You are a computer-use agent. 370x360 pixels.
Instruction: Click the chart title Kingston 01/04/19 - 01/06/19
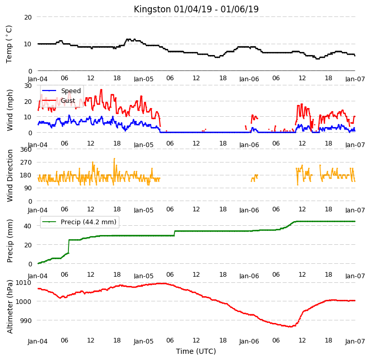tap(196, 9)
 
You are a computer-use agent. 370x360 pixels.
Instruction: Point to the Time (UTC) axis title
tap(196, 351)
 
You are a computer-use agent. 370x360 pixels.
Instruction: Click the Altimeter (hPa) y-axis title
tap(10, 307)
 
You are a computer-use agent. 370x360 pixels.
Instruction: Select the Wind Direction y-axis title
tap(10, 176)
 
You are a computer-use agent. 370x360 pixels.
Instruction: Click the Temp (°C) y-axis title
tap(9, 44)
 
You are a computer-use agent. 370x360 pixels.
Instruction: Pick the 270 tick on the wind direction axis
tap(26, 162)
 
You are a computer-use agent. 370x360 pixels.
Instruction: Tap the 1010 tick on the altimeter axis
tap(23, 282)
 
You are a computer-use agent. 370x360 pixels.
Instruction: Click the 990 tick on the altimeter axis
tap(25, 320)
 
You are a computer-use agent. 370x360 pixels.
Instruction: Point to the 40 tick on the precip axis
tap(28, 226)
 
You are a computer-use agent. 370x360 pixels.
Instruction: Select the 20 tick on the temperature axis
tap(28, 17)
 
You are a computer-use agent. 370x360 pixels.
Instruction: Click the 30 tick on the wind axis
tap(28, 85)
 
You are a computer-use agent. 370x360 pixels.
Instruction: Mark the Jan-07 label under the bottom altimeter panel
tap(355, 341)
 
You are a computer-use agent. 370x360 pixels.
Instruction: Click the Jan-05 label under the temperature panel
tap(144, 79)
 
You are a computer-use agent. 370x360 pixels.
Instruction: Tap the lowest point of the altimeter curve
tap(290, 327)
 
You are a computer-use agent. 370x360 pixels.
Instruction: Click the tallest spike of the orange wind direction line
tap(114, 159)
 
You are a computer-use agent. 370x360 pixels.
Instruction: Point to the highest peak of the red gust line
tap(101, 89)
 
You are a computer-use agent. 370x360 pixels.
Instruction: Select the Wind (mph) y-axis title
tap(10, 110)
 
